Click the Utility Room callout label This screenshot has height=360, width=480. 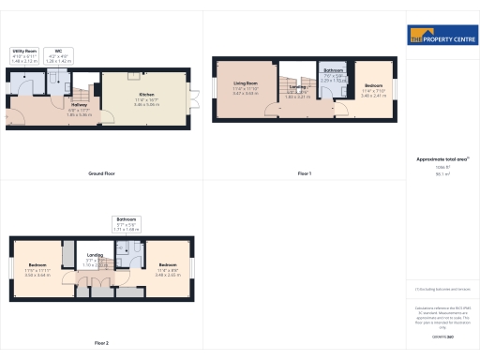(x=24, y=54)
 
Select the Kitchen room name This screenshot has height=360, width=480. (x=146, y=98)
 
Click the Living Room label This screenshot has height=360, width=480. (x=246, y=90)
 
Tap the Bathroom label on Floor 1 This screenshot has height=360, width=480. (x=333, y=75)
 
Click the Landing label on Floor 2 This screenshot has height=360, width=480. (x=96, y=261)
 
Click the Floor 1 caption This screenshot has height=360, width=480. (x=304, y=174)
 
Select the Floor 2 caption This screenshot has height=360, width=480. (x=101, y=343)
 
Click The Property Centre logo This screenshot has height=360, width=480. (x=442, y=37)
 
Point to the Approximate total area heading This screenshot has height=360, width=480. (x=442, y=159)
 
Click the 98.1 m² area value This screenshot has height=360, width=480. (x=442, y=173)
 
